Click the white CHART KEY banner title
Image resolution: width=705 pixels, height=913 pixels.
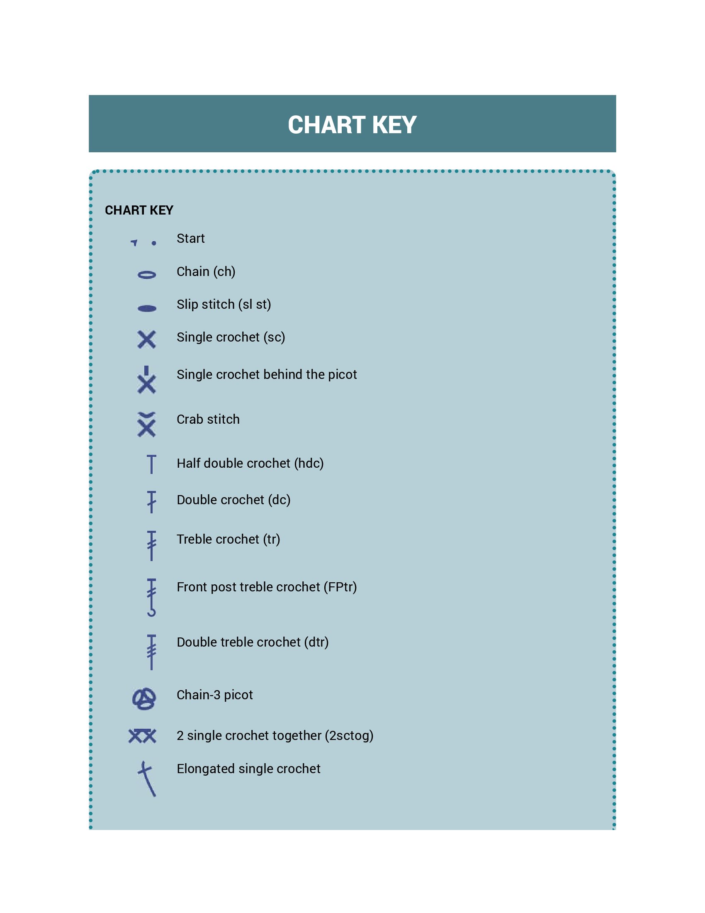click(352, 124)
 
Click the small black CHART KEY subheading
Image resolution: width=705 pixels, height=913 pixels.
click(139, 210)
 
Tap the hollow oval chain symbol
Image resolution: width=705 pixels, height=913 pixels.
click(146, 275)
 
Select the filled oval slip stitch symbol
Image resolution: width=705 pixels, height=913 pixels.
click(146, 308)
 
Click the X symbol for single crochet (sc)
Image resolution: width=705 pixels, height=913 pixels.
click(146, 339)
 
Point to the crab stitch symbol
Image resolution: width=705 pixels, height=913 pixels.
click(146, 424)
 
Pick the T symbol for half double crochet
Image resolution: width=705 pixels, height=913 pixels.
click(151, 464)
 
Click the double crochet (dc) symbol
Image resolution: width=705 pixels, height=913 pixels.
click(151, 502)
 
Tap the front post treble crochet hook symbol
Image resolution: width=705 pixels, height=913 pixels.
click(151, 597)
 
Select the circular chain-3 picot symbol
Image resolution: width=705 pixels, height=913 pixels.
click(144, 699)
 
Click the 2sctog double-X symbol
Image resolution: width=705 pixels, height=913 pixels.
click(142, 736)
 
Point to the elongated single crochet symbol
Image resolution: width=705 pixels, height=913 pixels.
click(146, 779)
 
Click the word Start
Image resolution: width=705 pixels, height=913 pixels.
click(190, 238)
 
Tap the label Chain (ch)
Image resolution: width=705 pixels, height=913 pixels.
click(206, 272)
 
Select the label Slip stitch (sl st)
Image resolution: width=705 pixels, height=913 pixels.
click(224, 304)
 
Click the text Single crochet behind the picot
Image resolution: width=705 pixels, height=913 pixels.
click(267, 374)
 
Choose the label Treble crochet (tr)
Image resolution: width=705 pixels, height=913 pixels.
click(228, 539)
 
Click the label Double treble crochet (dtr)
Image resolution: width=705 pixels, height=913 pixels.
click(252, 642)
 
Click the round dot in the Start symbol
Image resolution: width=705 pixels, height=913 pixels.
click(154, 243)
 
